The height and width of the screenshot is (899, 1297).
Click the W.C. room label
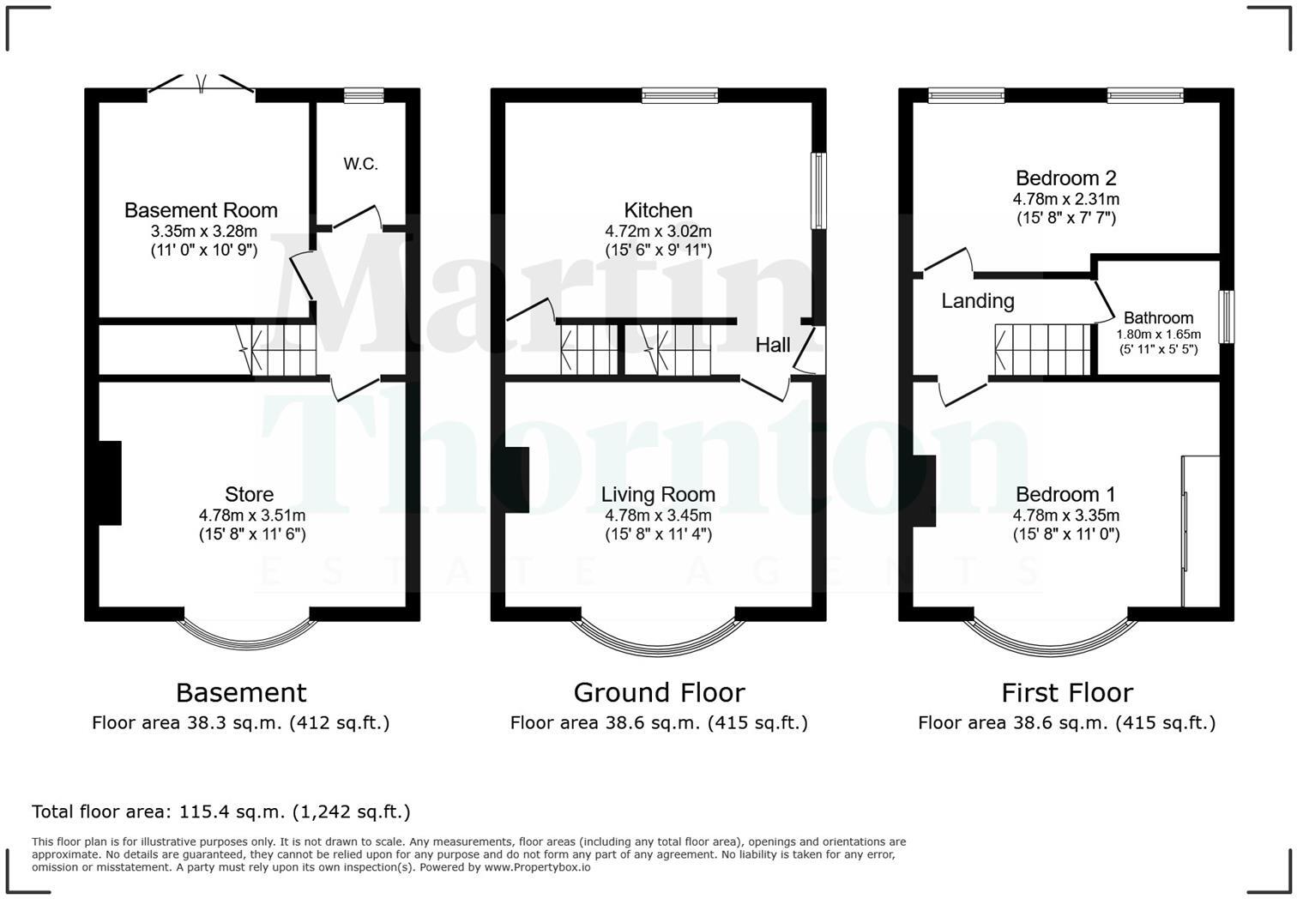pyautogui.click(x=360, y=164)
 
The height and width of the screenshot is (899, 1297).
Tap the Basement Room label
pyautogui.click(x=201, y=210)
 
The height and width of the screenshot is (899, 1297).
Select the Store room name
pyautogui.click(x=249, y=494)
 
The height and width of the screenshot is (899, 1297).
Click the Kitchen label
pyautogui.click(x=658, y=210)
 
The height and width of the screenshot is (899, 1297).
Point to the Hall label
pyautogui.click(x=773, y=345)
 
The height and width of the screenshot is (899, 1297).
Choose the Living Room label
pyautogui.click(x=658, y=494)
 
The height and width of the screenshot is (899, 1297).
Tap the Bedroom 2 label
pyautogui.click(x=1065, y=178)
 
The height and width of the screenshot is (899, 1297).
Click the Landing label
pyautogui.click(x=978, y=300)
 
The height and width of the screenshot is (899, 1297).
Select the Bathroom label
pyautogui.click(x=1158, y=317)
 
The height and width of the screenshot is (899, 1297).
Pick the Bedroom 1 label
pyautogui.click(x=1065, y=494)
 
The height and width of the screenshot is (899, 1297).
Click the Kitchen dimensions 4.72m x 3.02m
pyautogui.click(x=658, y=232)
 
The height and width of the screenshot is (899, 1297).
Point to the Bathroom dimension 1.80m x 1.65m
pyautogui.click(x=1158, y=335)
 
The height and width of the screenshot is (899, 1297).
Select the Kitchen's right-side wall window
pyautogui.click(x=818, y=190)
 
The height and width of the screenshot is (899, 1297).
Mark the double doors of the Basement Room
pyautogui.click(x=202, y=85)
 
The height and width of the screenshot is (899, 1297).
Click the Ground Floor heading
pyautogui.click(x=659, y=692)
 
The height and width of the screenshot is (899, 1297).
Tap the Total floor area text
pyautogui.click(x=221, y=812)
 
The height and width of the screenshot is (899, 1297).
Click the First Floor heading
pyautogui.click(x=1067, y=692)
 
